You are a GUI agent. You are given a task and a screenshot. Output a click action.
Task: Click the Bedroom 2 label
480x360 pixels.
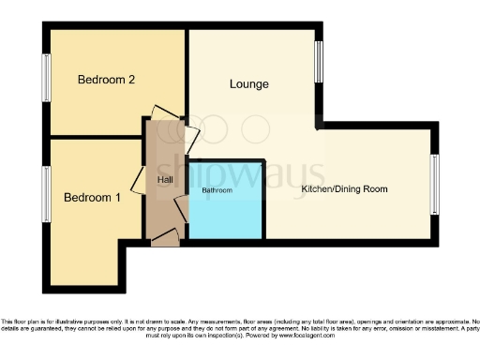(107, 80)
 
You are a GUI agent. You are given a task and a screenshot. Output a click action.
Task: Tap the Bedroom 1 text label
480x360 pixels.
(93, 198)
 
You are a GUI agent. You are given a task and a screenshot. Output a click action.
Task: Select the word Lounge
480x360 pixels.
(249, 84)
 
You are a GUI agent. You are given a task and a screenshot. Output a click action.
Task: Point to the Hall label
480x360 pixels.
(165, 179)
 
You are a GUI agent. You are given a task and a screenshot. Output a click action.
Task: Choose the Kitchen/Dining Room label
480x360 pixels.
(344, 189)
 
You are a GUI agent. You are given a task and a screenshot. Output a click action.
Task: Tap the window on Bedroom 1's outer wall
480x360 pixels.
(46, 195)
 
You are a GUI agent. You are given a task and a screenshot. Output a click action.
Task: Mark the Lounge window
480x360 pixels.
(319, 62)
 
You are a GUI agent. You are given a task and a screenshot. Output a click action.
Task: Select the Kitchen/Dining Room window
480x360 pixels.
(435, 183)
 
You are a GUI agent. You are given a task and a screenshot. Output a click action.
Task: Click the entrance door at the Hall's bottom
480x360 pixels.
(165, 241)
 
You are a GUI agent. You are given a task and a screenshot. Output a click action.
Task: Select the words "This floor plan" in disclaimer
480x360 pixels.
(22, 320)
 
